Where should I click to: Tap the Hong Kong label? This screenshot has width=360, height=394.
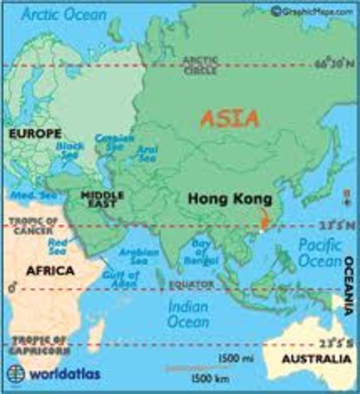tap(221, 198)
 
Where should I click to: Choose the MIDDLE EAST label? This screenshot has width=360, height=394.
tap(103, 199)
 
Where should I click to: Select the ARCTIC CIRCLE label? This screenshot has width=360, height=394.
tap(200, 64)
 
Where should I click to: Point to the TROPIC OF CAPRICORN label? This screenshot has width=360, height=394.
tap(32, 345)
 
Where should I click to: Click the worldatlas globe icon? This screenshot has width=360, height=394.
tap(16, 377)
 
